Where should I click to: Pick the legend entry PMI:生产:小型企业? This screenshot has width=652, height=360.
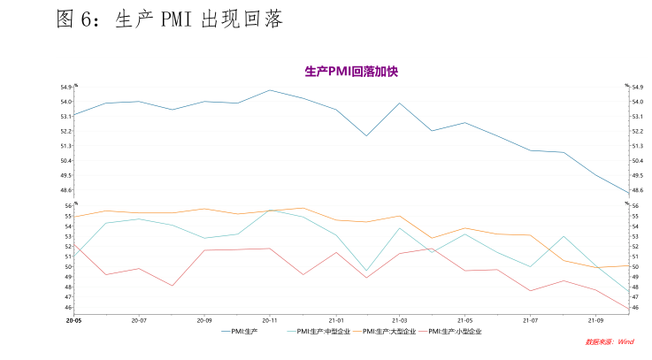[452, 332]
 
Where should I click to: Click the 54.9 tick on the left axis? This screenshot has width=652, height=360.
[66, 87]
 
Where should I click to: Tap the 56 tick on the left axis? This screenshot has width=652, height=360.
[68, 205]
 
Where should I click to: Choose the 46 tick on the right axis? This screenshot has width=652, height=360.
[637, 308]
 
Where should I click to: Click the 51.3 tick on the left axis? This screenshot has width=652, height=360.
[66, 146]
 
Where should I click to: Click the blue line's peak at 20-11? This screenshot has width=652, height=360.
[270, 89]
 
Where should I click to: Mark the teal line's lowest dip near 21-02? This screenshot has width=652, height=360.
[366, 271]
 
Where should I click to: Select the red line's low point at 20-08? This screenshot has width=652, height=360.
[172, 286]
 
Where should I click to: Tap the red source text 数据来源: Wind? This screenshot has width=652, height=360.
[610, 341]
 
